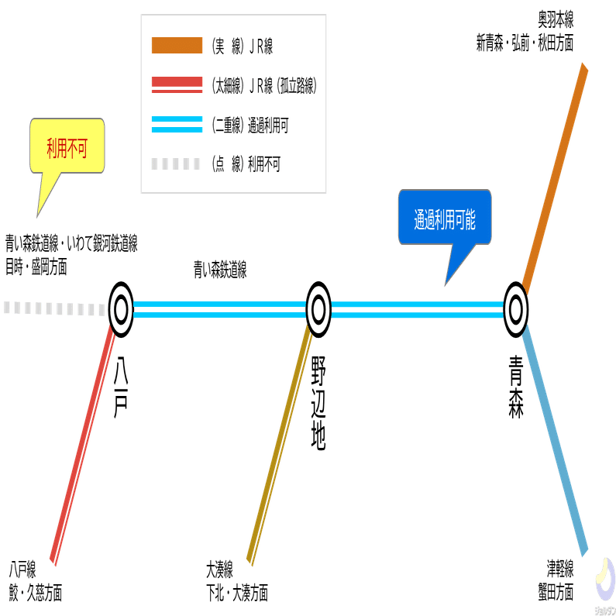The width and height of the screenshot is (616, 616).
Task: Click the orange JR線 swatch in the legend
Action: click(x=177, y=45)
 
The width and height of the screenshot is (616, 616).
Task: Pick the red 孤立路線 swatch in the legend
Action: click(x=177, y=85)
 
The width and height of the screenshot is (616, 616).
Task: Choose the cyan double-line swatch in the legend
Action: click(x=177, y=125)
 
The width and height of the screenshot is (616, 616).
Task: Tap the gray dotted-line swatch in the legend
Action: click(x=176, y=163)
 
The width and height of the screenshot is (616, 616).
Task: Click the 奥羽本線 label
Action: click(x=556, y=19)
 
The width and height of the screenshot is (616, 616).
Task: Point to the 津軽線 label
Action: click(x=560, y=569)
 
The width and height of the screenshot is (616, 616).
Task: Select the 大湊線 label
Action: click(x=219, y=570)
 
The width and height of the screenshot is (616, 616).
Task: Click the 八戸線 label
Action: click(x=22, y=570)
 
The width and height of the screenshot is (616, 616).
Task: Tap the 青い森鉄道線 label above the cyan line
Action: click(x=220, y=270)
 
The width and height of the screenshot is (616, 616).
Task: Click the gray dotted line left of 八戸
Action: click(x=54, y=308)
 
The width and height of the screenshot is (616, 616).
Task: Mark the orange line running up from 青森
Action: click(x=555, y=178)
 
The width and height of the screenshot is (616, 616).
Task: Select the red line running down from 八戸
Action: click(x=83, y=444)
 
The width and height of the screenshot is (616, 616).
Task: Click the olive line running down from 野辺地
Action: click(x=280, y=444)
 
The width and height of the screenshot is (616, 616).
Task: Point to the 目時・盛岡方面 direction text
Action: click(x=36, y=267)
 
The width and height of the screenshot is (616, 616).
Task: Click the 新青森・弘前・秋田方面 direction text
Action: click(x=525, y=43)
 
